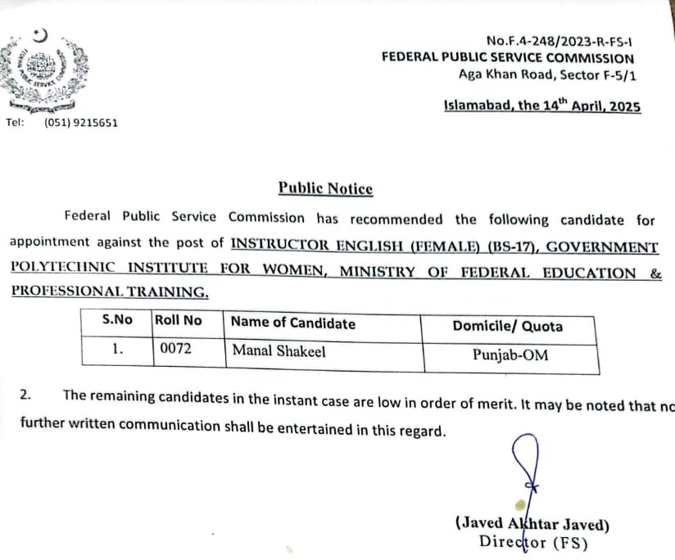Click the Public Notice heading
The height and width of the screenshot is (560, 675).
[325, 188]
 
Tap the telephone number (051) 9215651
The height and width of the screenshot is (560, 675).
[81, 123]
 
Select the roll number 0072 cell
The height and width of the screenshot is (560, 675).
[175, 350]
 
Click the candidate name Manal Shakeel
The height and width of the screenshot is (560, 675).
[279, 350]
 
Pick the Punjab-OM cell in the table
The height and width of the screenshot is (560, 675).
[510, 355]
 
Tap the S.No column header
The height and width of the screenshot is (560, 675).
[117, 320]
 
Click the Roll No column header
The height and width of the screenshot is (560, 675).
[178, 320]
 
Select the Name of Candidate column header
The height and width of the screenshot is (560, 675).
[293, 323]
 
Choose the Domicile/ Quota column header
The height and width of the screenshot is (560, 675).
[507, 326]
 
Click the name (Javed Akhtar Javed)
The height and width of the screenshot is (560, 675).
[532, 525]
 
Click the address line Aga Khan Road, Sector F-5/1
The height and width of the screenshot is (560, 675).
[546, 75]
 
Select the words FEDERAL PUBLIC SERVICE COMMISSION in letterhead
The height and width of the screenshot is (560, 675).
[507, 58]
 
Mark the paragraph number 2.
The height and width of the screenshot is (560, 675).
[25, 395]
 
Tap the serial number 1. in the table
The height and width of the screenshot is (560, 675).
[117, 348]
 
